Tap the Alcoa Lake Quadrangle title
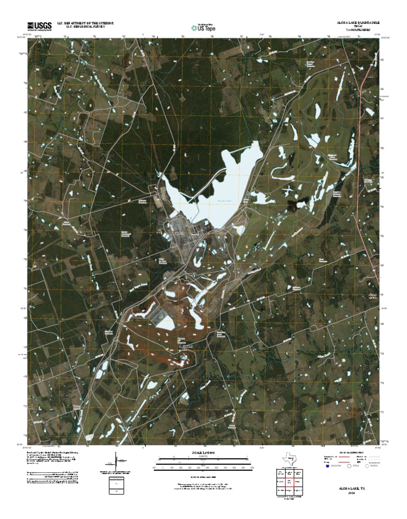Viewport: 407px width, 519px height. pos(358,23)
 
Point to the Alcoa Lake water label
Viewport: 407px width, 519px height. pos(225,201)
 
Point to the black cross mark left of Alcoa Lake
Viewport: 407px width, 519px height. pos(145,173)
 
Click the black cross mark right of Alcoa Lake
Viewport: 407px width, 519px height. pos(262,173)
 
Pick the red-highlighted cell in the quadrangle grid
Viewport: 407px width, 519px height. pos(290,481)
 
